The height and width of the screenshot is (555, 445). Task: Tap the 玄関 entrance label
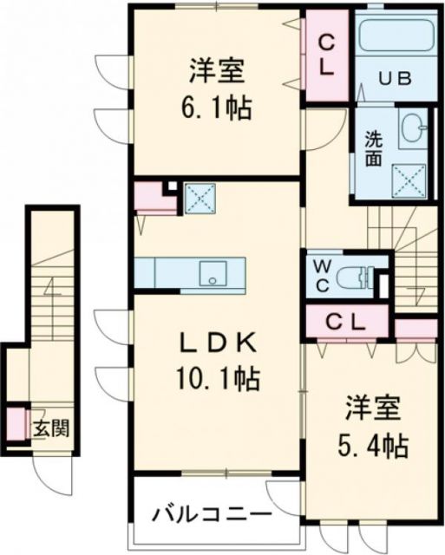click(46, 428)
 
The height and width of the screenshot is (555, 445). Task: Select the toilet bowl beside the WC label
click(357, 277)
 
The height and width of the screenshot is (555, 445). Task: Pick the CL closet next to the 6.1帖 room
click(325, 55)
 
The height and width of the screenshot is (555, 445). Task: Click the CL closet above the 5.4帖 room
click(345, 322)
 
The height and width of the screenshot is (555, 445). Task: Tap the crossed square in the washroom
click(409, 179)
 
